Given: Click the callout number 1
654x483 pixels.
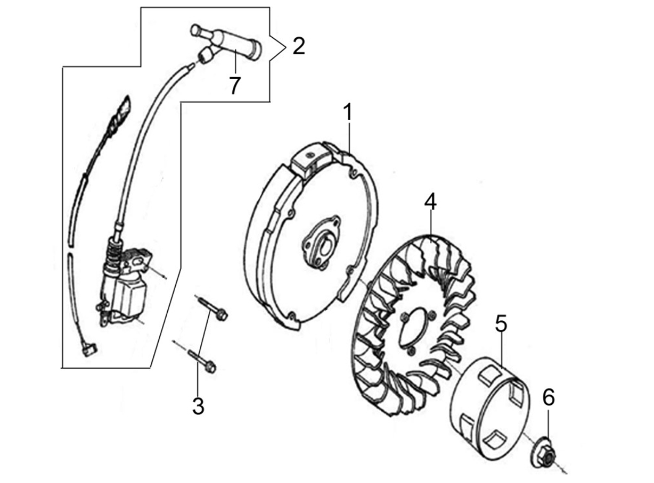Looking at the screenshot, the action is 348,112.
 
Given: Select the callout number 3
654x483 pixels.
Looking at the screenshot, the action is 198,406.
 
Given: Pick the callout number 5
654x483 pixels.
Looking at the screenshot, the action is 501,323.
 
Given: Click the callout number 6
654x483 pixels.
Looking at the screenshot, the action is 549,397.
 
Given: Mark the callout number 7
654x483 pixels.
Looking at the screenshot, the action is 235,86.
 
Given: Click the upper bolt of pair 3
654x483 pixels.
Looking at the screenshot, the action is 213,309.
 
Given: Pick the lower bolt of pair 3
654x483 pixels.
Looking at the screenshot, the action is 202,360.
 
